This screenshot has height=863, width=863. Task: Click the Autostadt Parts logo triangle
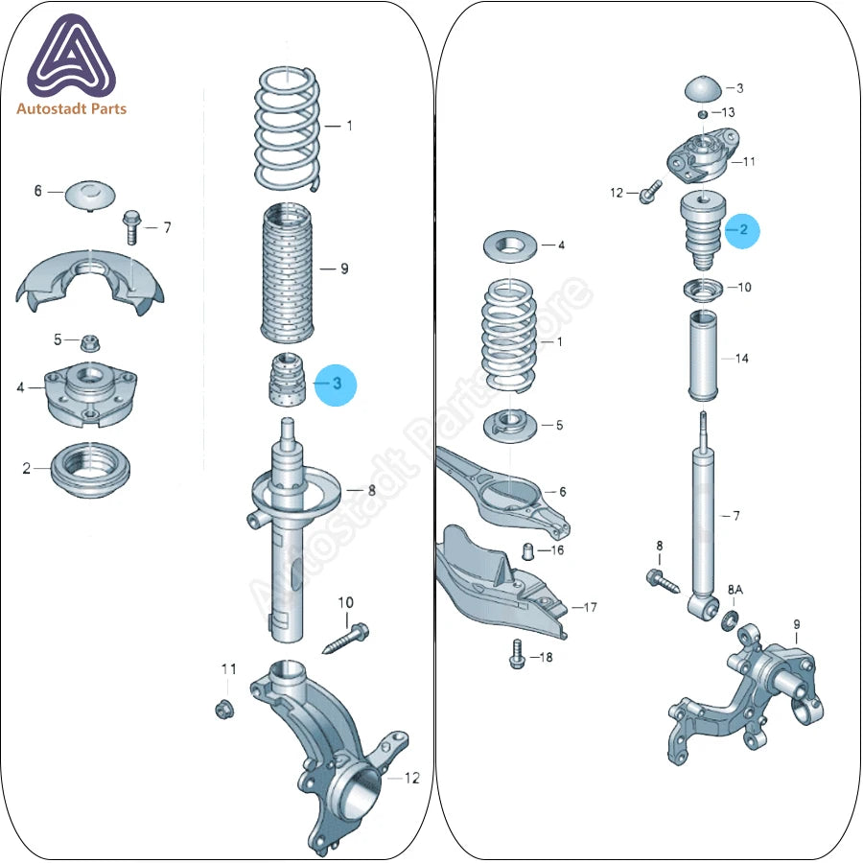click(x=72, y=57)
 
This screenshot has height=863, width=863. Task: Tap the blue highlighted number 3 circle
click(x=336, y=385)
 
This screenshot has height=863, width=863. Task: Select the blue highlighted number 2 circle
click(x=742, y=230)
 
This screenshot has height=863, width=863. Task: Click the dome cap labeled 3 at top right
click(x=703, y=88)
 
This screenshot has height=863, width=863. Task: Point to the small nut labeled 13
click(x=702, y=114)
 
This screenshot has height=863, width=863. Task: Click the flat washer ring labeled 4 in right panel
click(x=511, y=246)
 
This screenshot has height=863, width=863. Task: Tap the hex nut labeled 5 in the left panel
click(x=87, y=343)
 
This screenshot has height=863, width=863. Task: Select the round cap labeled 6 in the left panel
click(x=90, y=195)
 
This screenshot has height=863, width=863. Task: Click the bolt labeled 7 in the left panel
click(x=132, y=226)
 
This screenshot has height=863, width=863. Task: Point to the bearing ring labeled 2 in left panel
click(x=90, y=470)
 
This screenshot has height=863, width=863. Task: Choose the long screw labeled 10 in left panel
click(x=345, y=639)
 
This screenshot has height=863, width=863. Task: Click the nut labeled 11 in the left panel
click(x=224, y=709)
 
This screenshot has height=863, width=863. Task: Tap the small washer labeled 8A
click(x=730, y=620)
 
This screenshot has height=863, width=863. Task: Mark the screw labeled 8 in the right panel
click(x=663, y=581)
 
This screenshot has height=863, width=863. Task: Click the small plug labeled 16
click(x=527, y=551)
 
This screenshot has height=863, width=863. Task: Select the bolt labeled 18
click(x=517, y=654)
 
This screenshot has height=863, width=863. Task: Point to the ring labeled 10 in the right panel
click(x=704, y=290)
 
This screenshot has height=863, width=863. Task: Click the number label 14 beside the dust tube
click(x=741, y=359)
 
